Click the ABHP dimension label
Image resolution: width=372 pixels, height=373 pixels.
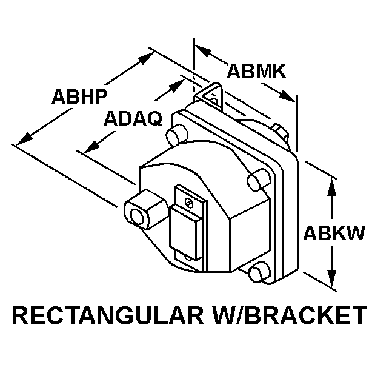pos(79,96)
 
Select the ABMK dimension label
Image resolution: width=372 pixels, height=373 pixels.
pos(256,71)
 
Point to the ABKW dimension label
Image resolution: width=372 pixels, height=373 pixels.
pos(334,233)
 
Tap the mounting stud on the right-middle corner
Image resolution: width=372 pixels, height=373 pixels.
pos(257,178)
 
